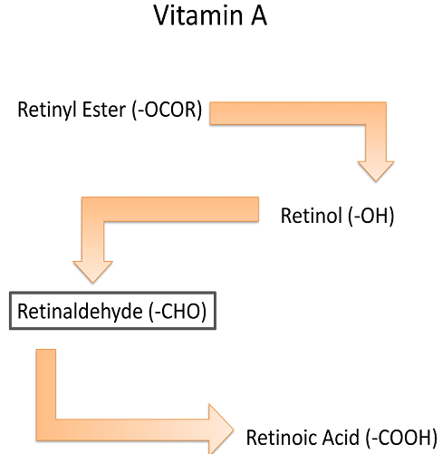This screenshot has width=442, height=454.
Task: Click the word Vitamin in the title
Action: click(x=198, y=15)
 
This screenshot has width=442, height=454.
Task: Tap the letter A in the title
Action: click(x=259, y=15)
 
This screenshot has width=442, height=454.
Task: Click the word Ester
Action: click(x=104, y=110)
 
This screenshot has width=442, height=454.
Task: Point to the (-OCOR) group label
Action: click(x=167, y=110)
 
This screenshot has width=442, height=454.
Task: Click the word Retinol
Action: click(x=312, y=216)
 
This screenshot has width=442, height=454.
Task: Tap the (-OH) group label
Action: click(x=371, y=216)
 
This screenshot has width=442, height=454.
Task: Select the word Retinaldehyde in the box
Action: click(x=80, y=311)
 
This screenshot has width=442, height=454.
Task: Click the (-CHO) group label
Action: click(x=178, y=311)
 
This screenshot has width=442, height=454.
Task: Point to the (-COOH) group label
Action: click(x=401, y=438)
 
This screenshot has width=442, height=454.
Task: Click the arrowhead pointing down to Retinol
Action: click(x=376, y=171)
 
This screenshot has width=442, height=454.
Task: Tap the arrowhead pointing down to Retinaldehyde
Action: click(x=92, y=272)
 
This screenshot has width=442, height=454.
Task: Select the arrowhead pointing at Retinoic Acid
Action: click(x=221, y=430)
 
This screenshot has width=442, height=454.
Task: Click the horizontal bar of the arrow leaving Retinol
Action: click(x=170, y=209)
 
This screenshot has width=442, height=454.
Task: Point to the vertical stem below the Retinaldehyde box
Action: click(x=46, y=384)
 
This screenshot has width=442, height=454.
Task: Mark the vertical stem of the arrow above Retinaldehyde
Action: click(x=92, y=241)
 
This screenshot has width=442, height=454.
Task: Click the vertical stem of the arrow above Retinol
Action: click(x=376, y=143)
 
